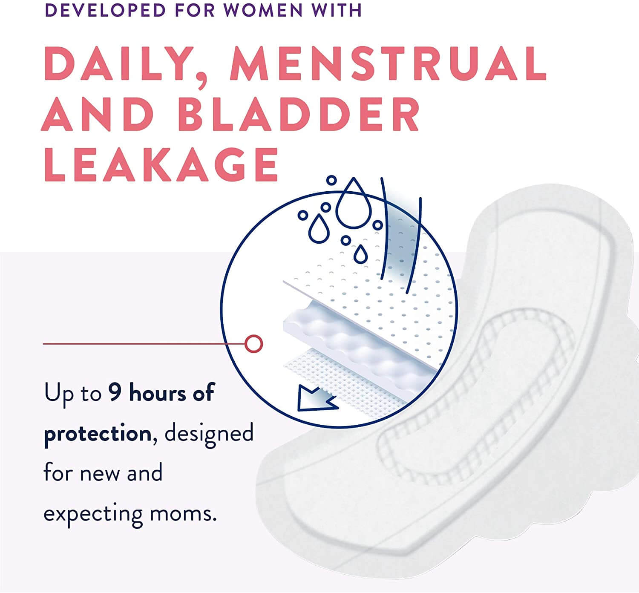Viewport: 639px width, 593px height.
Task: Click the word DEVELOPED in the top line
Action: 105,10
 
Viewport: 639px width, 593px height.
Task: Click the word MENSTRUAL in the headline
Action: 388,63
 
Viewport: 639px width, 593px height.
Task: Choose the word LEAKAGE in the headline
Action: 161,165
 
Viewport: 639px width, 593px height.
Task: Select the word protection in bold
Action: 98,433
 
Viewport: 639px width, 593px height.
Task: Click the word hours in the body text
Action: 158,392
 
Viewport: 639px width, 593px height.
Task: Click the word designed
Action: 209,433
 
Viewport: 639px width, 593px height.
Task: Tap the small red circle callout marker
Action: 254,344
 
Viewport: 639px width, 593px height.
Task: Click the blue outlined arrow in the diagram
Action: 315,400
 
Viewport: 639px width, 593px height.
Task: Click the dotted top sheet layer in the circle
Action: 380,299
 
